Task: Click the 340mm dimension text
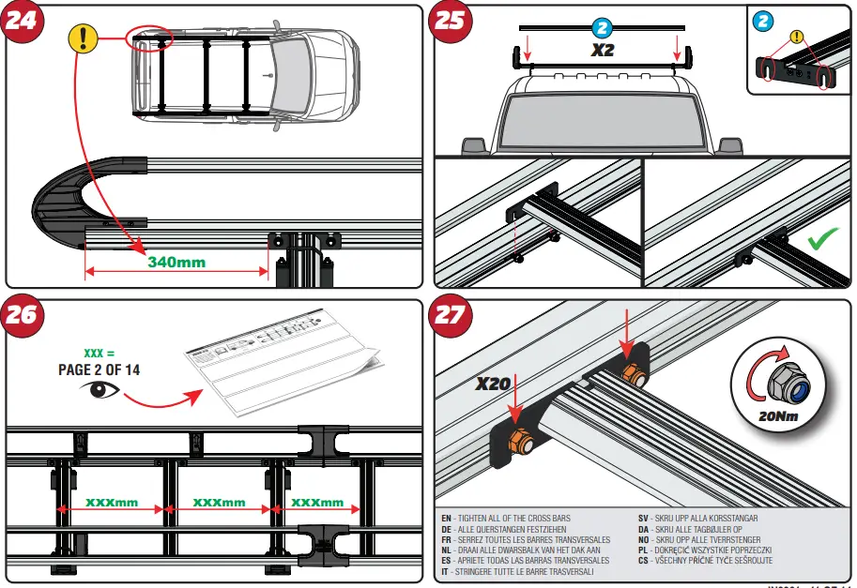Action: (x=176, y=262)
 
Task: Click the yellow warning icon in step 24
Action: (x=84, y=38)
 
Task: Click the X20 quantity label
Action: (x=492, y=383)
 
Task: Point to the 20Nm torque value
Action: (x=785, y=414)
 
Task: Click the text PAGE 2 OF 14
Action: (x=99, y=369)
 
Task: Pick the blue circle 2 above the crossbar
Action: (x=602, y=28)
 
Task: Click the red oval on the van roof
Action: (x=150, y=38)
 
